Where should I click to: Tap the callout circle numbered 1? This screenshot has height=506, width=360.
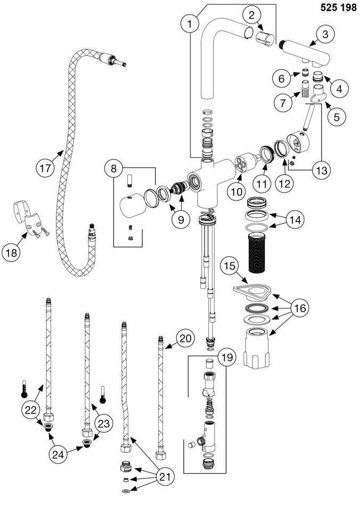point(189,23)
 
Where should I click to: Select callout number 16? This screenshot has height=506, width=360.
point(301,308)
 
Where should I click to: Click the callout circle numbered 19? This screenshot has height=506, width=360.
point(227,358)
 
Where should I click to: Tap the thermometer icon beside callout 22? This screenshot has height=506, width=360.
point(23,389)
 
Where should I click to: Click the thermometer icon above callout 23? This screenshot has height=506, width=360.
point(102,396)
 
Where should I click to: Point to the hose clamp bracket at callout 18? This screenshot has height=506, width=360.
point(30,218)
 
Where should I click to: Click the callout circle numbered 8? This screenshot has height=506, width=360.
point(114,169)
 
